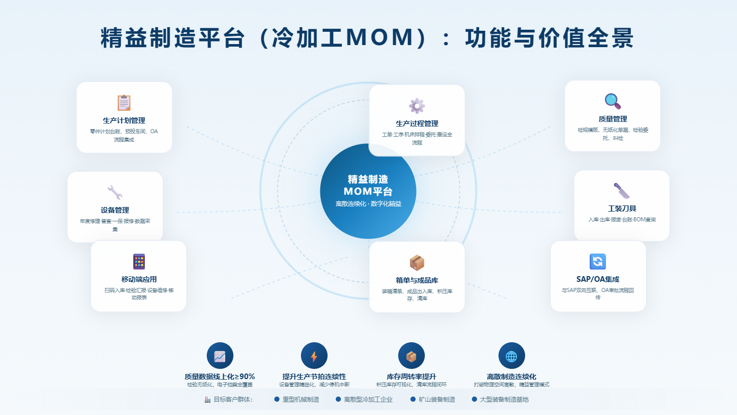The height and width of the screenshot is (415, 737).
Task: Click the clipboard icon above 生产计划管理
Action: pyautogui.click(x=124, y=103)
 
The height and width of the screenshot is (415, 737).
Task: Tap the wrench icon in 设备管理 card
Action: pyautogui.click(x=115, y=193)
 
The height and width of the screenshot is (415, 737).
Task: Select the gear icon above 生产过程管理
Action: pyautogui.click(x=417, y=106)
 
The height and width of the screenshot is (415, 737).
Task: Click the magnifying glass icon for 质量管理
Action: pyautogui.click(x=612, y=101)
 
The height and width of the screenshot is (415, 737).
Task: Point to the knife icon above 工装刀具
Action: pyautogui.click(x=621, y=191)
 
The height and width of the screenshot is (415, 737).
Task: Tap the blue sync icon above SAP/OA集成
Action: pyautogui.click(x=598, y=262)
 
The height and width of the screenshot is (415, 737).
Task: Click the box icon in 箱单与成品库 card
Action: pyautogui.click(x=417, y=263)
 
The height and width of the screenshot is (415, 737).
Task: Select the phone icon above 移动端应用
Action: pyautogui.click(x=139, y=262)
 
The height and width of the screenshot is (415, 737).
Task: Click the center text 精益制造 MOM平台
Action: pyautogui.click(x=368, y=185)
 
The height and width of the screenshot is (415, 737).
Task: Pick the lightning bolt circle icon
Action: pyautogui.click(x=314, y=356)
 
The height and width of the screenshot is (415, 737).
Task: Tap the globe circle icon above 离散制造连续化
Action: pyautogui.click(x=511, y=356)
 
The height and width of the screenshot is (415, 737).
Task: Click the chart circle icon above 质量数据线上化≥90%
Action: pyautogui.click(x=220, y=356)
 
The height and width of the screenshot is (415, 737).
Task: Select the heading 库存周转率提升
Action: pyautogui.click(x=411, y=377)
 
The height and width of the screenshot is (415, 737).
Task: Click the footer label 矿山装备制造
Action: pyautogui.click(x=437, y=399)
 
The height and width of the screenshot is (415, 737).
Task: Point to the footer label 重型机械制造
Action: pyautogui.click(x=300, y=399)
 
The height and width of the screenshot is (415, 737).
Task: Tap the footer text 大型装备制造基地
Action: pyautogui.click(x=504, y=399)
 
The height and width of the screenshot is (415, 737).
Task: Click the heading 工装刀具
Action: pyautogui.click(x=622, y=209)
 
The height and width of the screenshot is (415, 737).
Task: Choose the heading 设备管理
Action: pyautogui.click(x=115, y=210)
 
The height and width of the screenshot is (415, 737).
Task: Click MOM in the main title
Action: pyautogui.click(x=379, y=38)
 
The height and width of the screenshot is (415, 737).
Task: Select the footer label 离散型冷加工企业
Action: pyautogui.click(x=368, y=399)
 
